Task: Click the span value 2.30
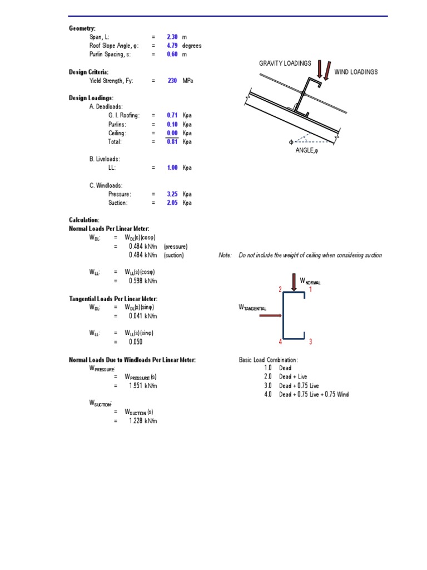[172, 37]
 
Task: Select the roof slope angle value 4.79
[172, 46]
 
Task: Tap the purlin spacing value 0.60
[172, 55]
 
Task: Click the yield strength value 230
[172, 81]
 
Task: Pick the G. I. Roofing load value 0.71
[172, 115]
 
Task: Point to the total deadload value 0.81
[172, 142]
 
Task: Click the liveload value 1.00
[172, 168]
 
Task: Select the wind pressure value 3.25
[172, 194]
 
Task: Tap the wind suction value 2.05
[172, 203]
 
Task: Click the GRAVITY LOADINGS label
[285, 63]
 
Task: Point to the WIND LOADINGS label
[356, 72]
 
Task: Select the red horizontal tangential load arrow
[270, 316]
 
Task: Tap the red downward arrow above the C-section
[294, 281]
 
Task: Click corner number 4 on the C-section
[280, 342]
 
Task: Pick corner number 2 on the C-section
[280, 289]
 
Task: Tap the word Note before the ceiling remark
[225, 255]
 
